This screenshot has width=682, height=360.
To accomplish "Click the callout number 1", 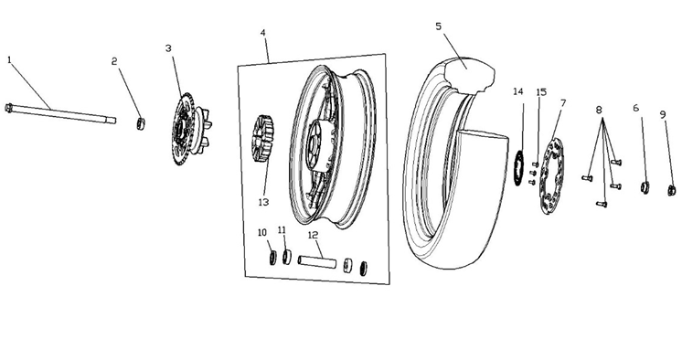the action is [9, 59].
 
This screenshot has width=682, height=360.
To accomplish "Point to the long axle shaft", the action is [60, 113].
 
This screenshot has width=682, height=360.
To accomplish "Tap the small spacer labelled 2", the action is [141, 123].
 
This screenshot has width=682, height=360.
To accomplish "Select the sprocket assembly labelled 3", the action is [191, 129].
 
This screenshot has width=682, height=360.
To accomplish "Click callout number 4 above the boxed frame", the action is [262, 33].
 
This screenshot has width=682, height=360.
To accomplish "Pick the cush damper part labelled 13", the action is [262, 138].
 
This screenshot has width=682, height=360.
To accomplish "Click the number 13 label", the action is [263, 202].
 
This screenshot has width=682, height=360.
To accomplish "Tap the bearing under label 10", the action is [272, 258].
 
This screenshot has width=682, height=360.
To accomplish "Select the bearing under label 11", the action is [287, 257].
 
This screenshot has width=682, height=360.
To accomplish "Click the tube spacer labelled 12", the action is [317, 262].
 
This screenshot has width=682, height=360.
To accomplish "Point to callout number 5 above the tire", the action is [439, 26].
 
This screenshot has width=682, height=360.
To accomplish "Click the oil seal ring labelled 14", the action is [518, 167].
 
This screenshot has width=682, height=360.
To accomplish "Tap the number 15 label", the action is [541, 92].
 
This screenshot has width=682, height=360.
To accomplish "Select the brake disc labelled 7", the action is [550, 175].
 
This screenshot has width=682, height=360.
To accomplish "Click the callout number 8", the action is [599, 110].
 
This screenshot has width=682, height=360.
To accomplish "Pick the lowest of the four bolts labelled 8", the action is [602, 204].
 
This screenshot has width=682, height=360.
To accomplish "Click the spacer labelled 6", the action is [645, 187].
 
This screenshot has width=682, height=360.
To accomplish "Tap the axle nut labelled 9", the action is [672, 190].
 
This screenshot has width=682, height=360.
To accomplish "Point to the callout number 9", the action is [663, 115].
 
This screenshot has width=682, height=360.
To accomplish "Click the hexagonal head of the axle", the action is [8, 108].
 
